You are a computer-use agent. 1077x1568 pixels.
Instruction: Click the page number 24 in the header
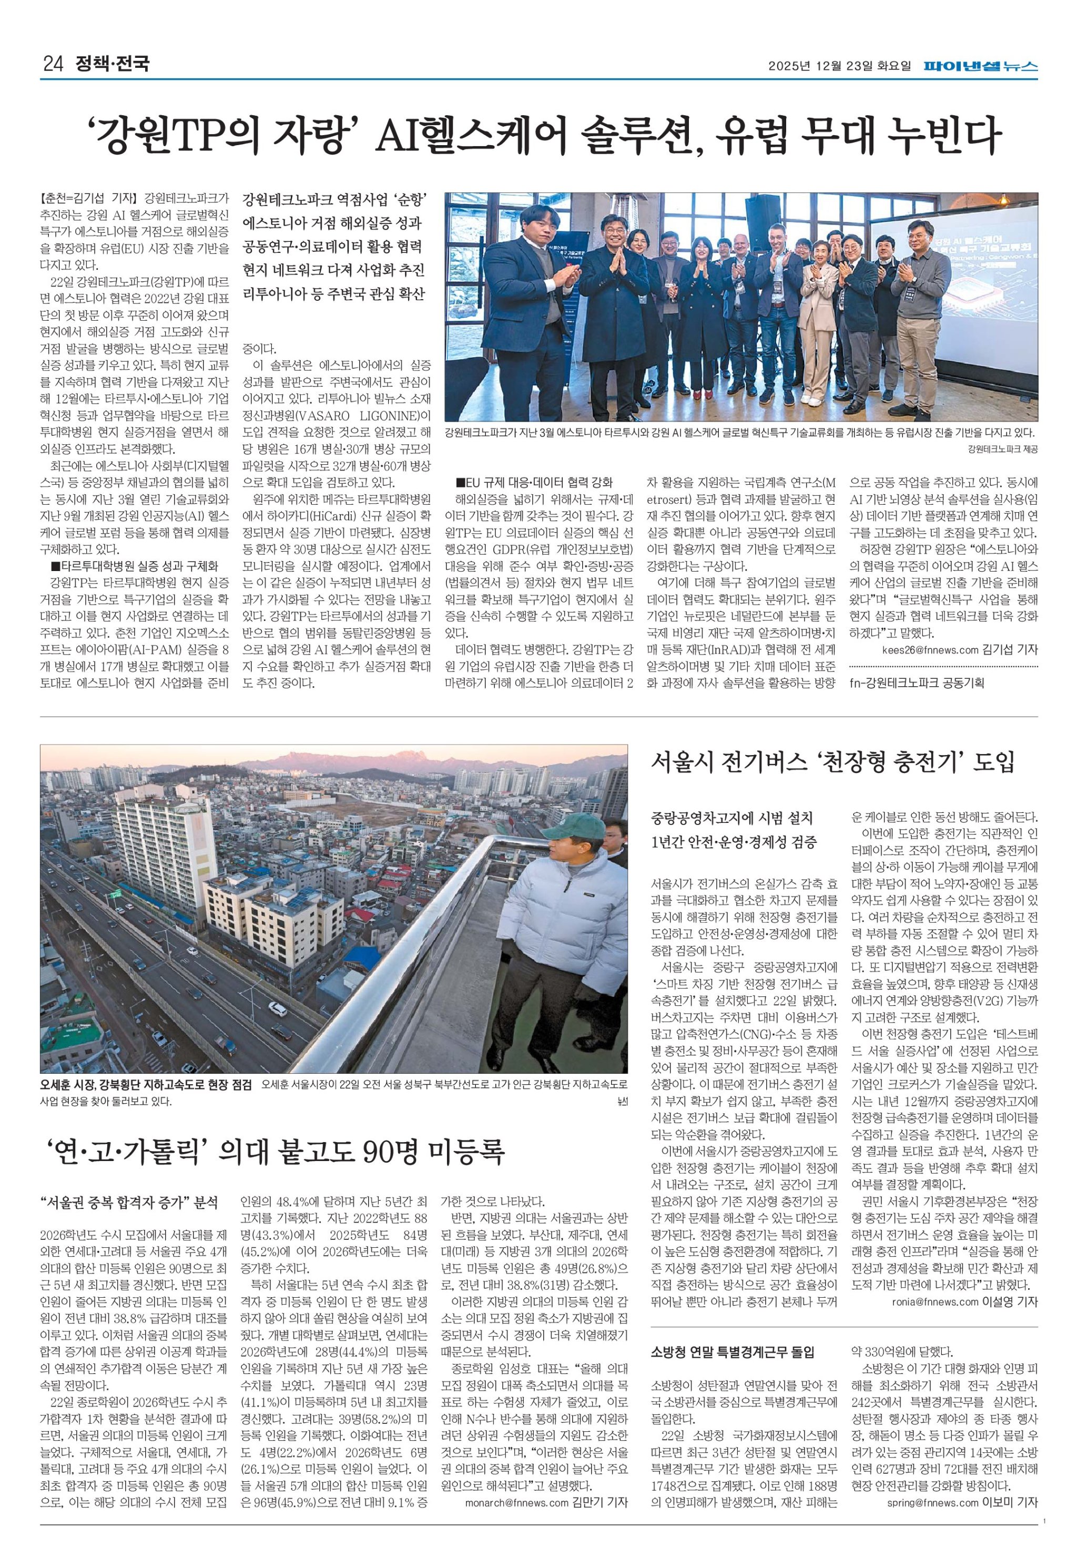[x=52, y=65]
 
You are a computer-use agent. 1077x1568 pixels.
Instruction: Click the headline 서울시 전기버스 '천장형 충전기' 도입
[x=832, y=762]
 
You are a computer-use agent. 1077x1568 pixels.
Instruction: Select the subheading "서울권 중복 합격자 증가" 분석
[x=129, y=1203]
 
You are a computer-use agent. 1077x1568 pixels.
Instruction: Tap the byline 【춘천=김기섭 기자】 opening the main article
[x=88, y=199]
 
